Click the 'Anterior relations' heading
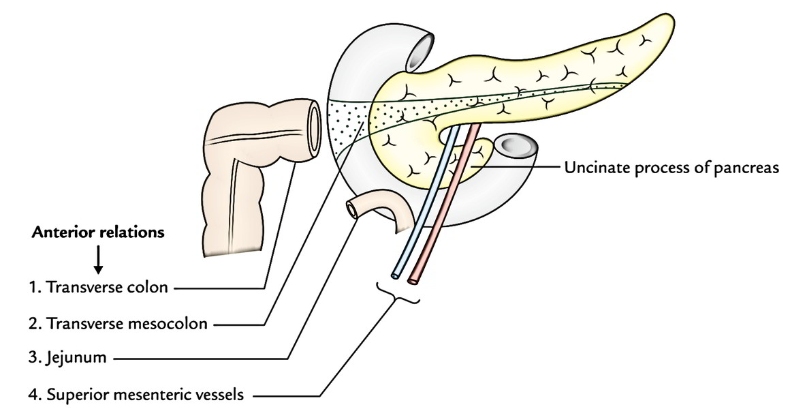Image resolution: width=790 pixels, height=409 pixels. (98, 232)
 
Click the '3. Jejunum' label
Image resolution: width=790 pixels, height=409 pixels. (67, 358)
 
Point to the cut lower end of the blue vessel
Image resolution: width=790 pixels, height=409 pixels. (395, 276)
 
